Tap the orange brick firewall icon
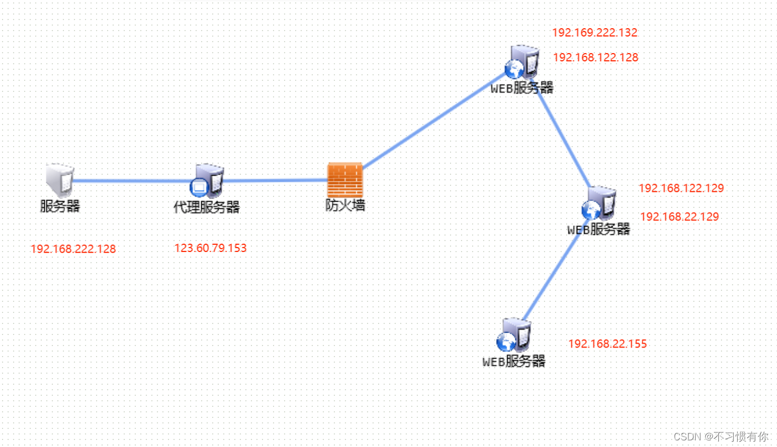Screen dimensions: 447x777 click(345, 179)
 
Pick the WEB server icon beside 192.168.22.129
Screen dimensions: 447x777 click(599, 203)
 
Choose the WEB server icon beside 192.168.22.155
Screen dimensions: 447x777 click(514, 335)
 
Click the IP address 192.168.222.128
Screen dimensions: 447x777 click(73, 249)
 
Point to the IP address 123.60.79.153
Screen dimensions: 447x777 click(210, 248)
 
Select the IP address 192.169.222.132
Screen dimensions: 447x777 click(595, 33)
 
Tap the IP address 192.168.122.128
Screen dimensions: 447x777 click(595, 57)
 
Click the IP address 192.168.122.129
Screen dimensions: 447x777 click(681, 188)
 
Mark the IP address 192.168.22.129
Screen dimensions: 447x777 click(679, 217)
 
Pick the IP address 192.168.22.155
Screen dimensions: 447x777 click(607, 344)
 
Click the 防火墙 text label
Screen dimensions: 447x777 click(345, 206)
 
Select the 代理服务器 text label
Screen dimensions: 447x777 click(207, 208)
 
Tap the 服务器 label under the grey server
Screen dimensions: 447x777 click(60, 207)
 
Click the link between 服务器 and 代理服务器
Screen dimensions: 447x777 click(133, 181)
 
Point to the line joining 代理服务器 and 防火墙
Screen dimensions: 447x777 click(274, 180)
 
